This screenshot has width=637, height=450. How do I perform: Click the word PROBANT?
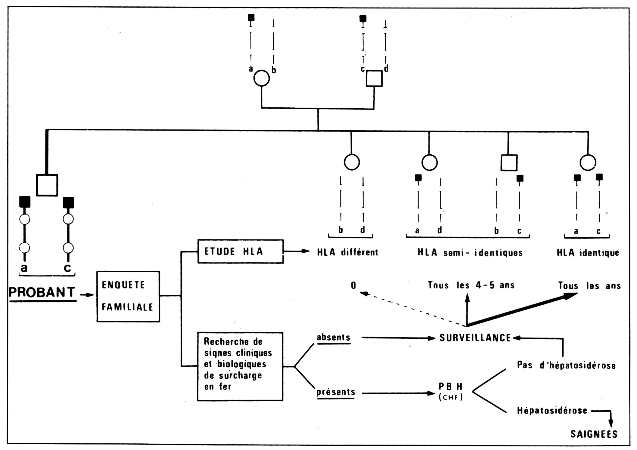coord(42,292)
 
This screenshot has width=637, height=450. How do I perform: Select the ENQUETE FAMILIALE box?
coord(128,297)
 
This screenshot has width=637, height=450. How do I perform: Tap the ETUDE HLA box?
coord(240,251)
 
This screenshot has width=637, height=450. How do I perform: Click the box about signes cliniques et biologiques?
coord(240,366)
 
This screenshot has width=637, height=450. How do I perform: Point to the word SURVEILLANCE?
coord(475,338)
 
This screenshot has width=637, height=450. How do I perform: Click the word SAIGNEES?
coord(594,434)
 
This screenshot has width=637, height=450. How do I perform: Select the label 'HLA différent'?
coord(348,252)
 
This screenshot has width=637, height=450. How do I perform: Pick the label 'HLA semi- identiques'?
coord(470,253)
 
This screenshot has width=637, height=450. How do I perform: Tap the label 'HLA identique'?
coord(588,253)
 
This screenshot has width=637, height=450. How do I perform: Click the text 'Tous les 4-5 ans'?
coord(471,285)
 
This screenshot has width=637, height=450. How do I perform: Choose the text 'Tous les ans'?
coord(589,285)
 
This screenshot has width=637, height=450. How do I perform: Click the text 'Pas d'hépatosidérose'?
coord(566,365)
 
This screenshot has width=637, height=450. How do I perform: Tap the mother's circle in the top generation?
coord(262,79)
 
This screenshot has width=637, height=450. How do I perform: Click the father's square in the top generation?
coord(374,79)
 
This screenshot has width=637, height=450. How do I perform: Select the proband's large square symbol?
coord(47,185)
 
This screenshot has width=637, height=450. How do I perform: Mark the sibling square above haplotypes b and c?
coord(509,163)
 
